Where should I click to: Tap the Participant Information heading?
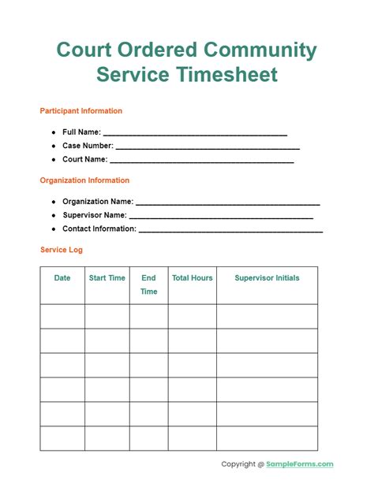(x=81, y=111)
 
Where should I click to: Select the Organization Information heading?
(x=84, y=180)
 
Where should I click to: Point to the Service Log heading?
(x=62, y=250)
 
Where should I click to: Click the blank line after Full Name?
(x=195, y=133)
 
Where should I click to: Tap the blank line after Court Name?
(x=202, y=160)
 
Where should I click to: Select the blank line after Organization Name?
(x=227, y=203)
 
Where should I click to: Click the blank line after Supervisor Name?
(x=221, y=216)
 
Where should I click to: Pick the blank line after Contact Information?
(x=230, y=229)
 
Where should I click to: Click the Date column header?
(x=62, y=278)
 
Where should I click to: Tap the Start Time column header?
(x=107, y=278)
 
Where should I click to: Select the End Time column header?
(x=148, y=284)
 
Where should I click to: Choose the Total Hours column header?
(x=193, y=278)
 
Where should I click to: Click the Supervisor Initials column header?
(x=267, y=278)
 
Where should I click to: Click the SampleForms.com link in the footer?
(x=301, y=464)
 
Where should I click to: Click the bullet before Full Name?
(x=54, y=132)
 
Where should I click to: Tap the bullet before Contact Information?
(x=54, y=229)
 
